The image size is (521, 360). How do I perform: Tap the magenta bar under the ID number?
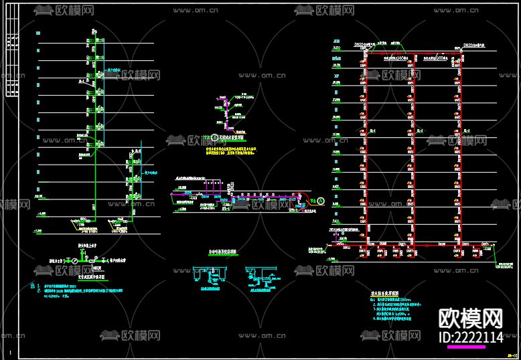(x=466, y=347)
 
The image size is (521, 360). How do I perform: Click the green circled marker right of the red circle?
(x=320, y=200)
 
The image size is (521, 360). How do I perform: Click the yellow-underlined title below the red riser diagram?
(x=384, y=292)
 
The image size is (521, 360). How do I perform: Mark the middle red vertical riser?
(x=413, y=147)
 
